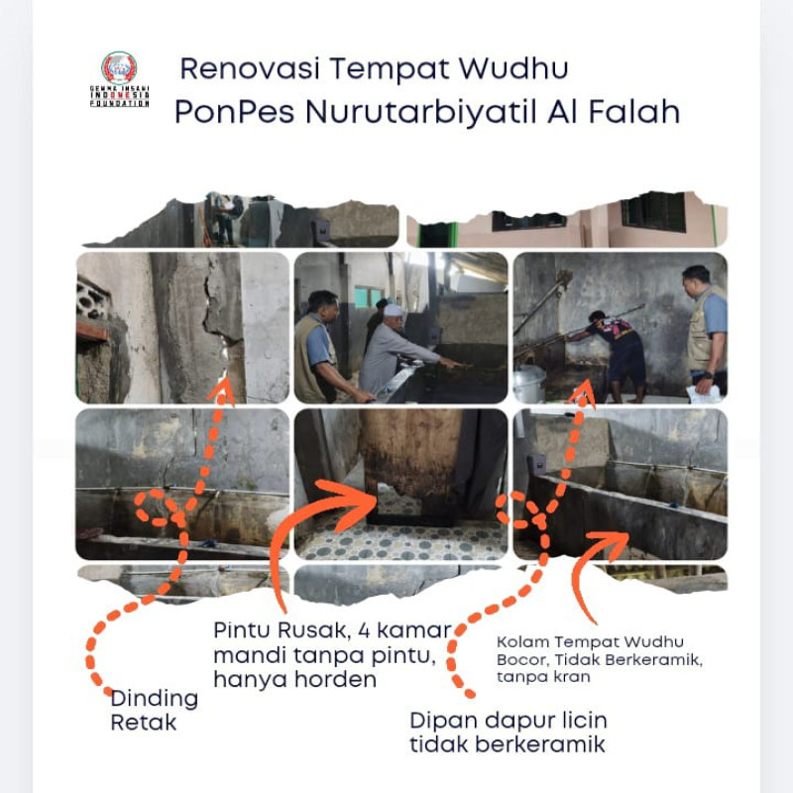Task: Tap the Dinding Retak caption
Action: click(154, 710)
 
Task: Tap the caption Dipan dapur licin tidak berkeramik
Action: click(508, 732)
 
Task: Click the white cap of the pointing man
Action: click(395, 310)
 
